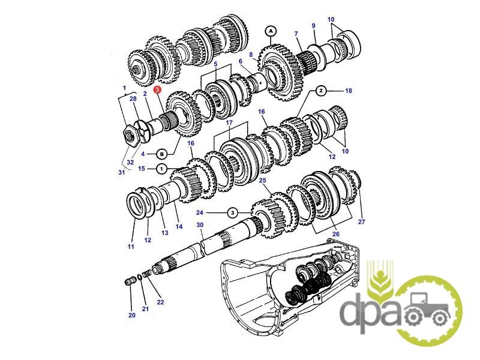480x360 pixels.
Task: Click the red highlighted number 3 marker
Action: [157, 89]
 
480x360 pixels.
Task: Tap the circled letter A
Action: [271, 31]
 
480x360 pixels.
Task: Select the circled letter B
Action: [162, 154]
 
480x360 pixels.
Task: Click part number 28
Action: [133, 98]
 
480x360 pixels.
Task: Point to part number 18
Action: [349, 91]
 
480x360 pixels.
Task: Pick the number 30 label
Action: [200, 225]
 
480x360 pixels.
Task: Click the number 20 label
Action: [131, 315]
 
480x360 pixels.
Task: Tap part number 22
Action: [160, 302]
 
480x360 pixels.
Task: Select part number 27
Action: [362, 221]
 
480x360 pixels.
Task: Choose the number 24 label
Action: [200, 212]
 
